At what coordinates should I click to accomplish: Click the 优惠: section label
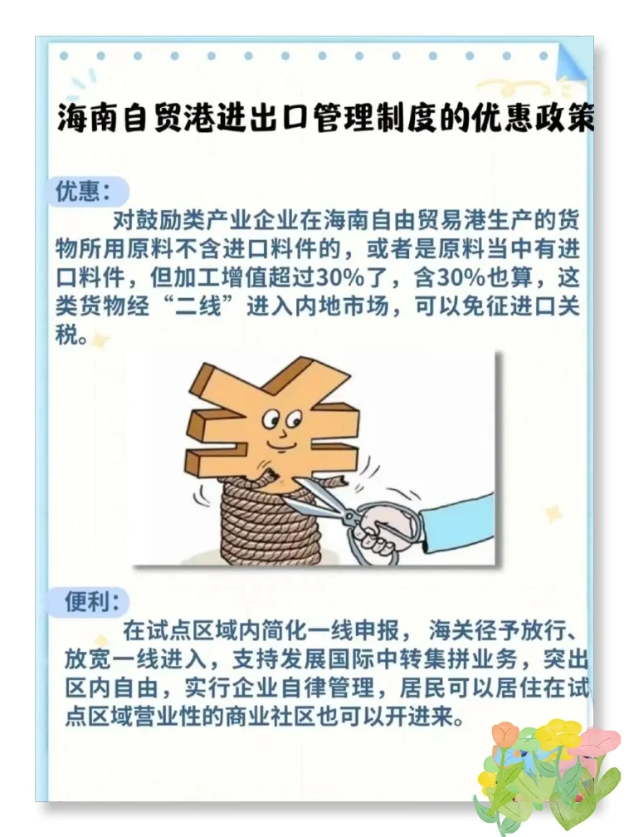(82, 192)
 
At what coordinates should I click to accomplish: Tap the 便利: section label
(92, 601)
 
